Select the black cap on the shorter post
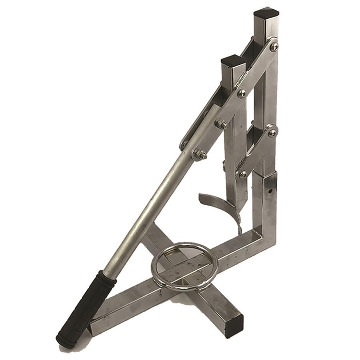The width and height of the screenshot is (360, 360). click(233, 61)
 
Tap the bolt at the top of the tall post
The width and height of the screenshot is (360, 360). click(274, 47)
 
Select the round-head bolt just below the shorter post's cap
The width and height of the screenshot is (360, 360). click(242, 94)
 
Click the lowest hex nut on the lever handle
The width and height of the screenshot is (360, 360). click(199, 154)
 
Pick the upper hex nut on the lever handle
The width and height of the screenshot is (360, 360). click(221, 124)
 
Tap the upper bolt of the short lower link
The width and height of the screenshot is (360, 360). click(272, 132)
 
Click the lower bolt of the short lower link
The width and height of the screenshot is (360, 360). click(242, 174)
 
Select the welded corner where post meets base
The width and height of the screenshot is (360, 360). click(264, 236)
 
